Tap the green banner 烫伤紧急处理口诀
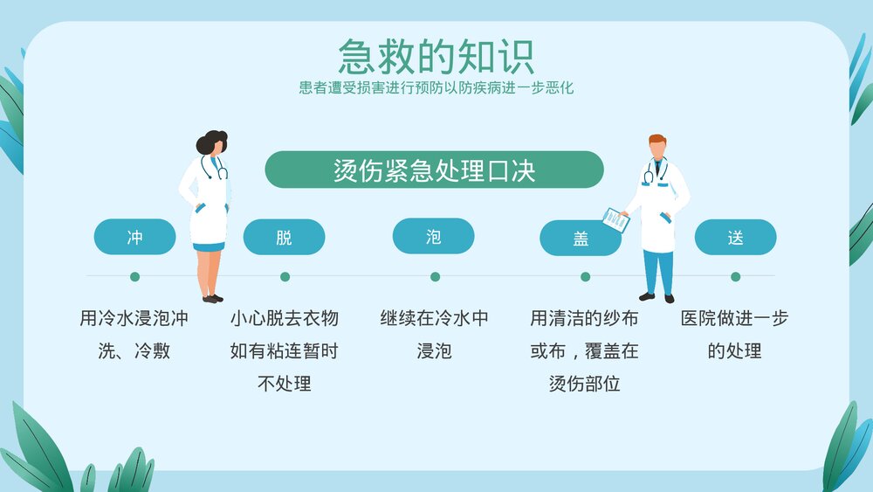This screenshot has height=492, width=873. (x=434, y=170)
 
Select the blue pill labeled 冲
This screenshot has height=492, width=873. (x=134, y=237)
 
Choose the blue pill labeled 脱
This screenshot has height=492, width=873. (x=284, y=237)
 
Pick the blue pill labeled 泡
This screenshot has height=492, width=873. (x=433, y=236)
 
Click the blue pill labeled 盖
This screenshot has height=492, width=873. (x=581, y=238)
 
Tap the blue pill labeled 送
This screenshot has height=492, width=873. (x=735, y=237)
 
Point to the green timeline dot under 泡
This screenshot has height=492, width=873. (x=435, y=277)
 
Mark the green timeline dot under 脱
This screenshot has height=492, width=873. (x=285, y=277)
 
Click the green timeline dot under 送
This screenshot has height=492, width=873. (x=735, y=277)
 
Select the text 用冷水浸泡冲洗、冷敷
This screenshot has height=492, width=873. (x=134, y=335)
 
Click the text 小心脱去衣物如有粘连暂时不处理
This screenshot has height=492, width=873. (x=284, y=350)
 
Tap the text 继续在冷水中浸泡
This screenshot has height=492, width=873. (x=434, y=335)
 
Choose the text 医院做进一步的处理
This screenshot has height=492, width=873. (x=734, y=335)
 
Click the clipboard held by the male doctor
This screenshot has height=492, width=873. (x=616, y=219)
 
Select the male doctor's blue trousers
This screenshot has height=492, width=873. (x=659, y=271)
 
